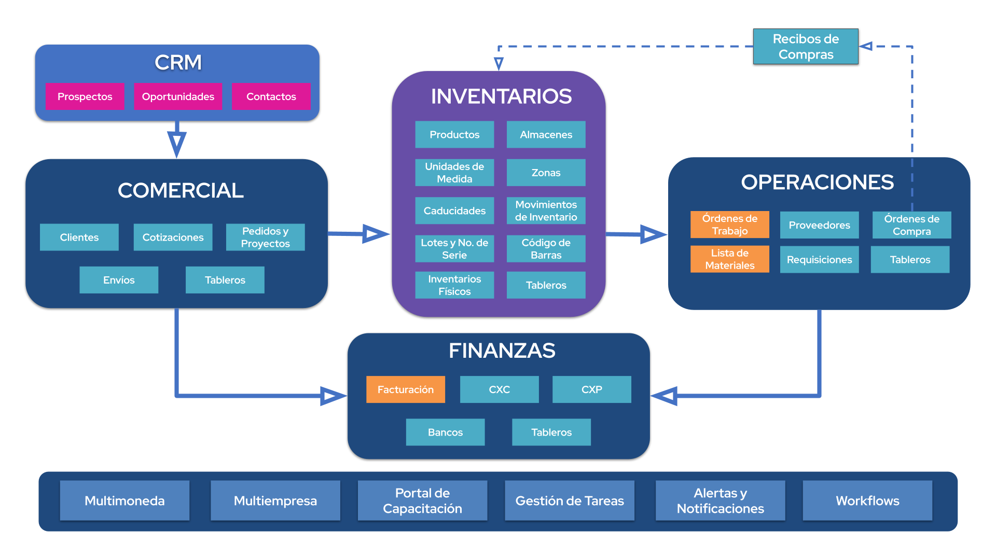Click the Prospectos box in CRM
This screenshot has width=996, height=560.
pos(85,96)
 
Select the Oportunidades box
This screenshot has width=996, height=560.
pos(178,96)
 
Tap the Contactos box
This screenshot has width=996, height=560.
pos(271,96)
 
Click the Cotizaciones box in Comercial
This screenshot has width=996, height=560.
pos(173,237)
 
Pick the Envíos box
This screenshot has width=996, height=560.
pos(119,280)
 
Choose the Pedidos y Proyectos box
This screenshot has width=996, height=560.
pos(265,237)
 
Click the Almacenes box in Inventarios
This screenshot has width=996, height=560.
pos(546,135)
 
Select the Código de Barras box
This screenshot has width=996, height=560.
pos(546,249)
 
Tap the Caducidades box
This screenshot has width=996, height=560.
pos(454,211)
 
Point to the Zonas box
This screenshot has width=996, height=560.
pos(546,173)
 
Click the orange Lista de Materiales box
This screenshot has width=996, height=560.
pos(729,259)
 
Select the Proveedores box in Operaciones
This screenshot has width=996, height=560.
pos(819,225)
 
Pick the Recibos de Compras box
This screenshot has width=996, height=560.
pos(806,47)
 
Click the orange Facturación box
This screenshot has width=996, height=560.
pos(406,389)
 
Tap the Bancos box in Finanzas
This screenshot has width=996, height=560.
pos(445,432)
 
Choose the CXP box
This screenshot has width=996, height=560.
pos(591,389)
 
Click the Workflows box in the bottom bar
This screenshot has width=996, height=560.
pos(867,501)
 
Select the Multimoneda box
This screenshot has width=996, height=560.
pos(125,501)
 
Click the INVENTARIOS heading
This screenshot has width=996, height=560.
pos(501,96)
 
